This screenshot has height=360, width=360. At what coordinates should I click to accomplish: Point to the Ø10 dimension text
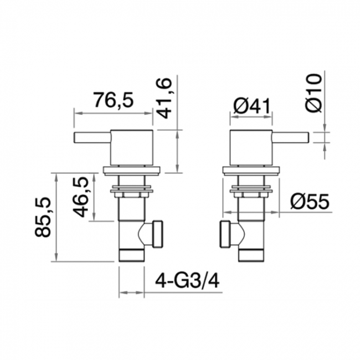(313, 93)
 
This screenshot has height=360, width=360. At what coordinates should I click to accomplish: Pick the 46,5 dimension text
(83, 197)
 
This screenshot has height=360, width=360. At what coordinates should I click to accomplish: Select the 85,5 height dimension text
(44, 218)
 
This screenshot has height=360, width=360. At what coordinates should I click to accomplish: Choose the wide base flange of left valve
(132, 171)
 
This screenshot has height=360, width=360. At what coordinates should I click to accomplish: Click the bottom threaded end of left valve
(132, 255)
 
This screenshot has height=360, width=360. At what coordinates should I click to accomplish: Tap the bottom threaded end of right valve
(251, 255)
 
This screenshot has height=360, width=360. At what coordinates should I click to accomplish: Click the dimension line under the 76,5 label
(113, 114)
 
